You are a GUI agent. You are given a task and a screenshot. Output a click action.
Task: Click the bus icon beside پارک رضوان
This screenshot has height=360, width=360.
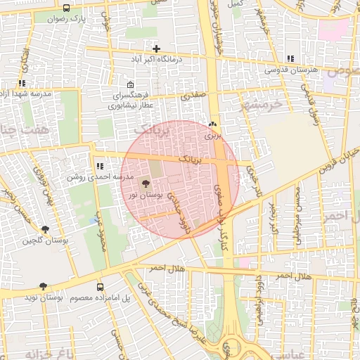tap(66, 8)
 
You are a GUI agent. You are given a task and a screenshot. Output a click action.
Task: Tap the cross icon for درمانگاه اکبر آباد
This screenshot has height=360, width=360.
tap(156, 49)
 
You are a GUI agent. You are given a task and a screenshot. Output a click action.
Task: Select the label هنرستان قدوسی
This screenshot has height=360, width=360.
tap(291, 70)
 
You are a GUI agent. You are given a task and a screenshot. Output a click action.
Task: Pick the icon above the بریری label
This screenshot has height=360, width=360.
tap(212, 124)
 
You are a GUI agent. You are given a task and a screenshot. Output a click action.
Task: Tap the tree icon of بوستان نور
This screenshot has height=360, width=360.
tap(146, 184)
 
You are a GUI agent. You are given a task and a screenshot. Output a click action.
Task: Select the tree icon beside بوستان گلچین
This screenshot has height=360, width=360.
tap(46, 230)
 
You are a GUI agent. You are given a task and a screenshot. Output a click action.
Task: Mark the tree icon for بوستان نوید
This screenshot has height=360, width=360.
tap(43, 287)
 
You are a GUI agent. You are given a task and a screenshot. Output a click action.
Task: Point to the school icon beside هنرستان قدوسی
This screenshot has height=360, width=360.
tap(290, 58)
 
